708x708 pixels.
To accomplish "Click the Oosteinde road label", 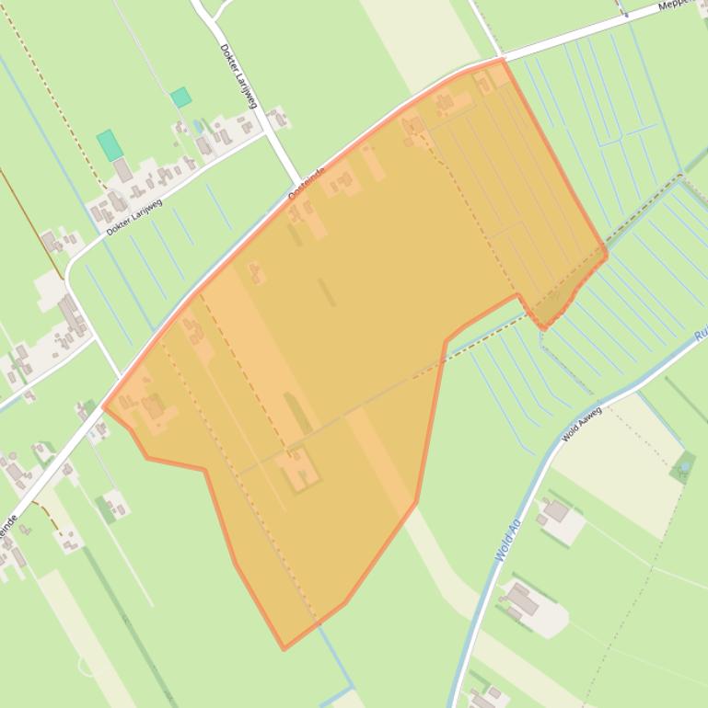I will pos(307,185).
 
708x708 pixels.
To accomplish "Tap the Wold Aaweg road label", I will pos(581,424).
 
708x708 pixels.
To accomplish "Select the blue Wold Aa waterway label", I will pos(506,541).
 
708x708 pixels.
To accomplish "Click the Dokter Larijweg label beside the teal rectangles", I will pos(134,217).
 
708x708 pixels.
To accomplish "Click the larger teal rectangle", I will pos(109,144).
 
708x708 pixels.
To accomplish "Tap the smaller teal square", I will pos(180,97).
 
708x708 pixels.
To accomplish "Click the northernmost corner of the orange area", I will pos(502,60).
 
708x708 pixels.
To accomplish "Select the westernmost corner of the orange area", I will pos(104,407).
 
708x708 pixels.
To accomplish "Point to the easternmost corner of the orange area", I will pos(606,251).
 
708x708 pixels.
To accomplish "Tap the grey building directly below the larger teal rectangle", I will pos(122,170).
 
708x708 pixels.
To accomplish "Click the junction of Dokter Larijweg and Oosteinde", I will pos(299,181).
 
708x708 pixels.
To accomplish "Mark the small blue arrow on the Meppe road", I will pos(623,14).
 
